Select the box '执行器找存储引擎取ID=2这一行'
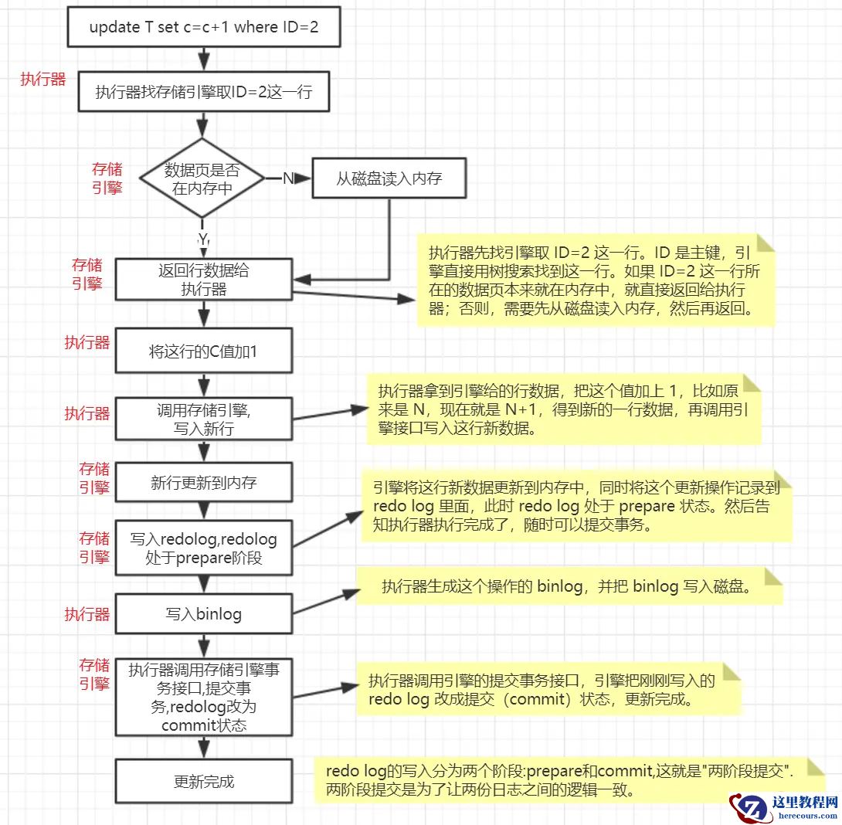(x=203, y=93)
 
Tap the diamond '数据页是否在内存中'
(x=202, y=178)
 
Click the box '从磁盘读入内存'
(x=389, y=178)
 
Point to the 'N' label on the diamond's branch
(x=287, y=178)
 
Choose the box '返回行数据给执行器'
(x=203, y=280)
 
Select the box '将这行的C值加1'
(x=203, y=351)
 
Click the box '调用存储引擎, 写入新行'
(x=203, y=420)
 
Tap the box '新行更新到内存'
(x=203, y=484)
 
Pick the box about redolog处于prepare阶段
(x=203, y=548)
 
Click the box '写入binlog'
(x=203, y=615)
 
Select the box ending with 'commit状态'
(x=203, y=698)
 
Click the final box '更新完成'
(x=203, y=782)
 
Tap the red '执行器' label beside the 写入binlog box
(x=87, y=615)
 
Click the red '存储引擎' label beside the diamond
(x=107, y=178)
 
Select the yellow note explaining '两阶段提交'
(x=569, y=779)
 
